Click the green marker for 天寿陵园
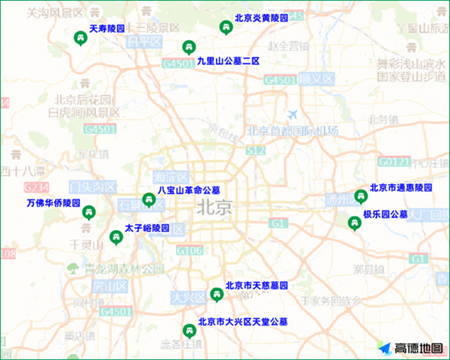80,38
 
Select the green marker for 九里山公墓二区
188,47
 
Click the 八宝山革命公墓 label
189,190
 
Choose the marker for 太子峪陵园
115,237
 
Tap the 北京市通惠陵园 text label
401,188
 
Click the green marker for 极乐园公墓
355,223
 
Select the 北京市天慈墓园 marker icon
216,294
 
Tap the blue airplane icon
292,115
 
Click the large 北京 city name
215,207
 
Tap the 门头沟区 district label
93,187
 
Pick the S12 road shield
256,151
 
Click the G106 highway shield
189,251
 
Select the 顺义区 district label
316,79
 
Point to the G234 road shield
36,187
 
